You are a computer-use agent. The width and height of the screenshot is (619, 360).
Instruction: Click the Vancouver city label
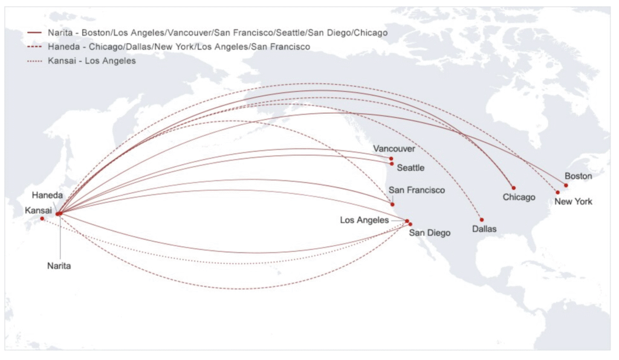(x=394, y=149)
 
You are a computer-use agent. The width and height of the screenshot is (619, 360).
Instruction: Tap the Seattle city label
(x=410, y=168)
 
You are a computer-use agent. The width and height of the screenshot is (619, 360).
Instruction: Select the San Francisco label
(x=416, y=190)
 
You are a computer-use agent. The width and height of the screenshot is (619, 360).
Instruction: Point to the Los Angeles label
(x=364, y=220)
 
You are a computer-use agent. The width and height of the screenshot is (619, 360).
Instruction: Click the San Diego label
(x=429, y=233)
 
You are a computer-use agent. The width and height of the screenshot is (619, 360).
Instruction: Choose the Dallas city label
(x=484, y=230)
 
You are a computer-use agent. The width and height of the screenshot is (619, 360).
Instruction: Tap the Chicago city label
(x=519, y=198)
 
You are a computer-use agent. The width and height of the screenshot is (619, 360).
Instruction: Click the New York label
(x=573, y=202)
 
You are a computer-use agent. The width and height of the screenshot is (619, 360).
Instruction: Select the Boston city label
(x=578, y=176)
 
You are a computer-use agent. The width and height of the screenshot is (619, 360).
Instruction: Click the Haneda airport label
(x=48, y=196)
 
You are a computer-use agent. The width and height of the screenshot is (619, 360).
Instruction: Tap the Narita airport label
(x=59, y=266)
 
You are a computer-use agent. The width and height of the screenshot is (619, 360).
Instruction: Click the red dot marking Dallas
(x=482, y=219)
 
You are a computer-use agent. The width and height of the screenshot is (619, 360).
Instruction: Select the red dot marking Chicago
(x=513, y=188)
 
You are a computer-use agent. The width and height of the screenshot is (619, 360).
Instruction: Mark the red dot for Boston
(x=566, y=185)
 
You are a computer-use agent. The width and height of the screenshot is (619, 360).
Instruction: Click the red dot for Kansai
(x=42, y=219)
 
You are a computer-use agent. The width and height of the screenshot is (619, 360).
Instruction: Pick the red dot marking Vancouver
(x=392, y=158)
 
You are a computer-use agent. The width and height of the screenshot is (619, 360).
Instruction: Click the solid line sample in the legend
(x=34, y=32)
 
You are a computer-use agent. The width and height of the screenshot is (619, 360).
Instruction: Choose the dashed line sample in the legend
(x=34, y=47)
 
